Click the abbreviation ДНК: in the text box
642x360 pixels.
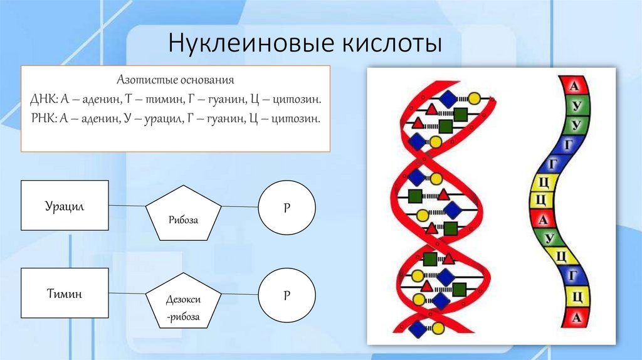coord(43,100)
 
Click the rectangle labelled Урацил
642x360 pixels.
coord(65,206)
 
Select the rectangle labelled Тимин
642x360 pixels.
coord(65,293)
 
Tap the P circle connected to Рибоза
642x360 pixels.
coord(287,206)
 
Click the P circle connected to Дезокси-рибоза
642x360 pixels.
coord(287,294)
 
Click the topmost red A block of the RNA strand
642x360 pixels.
coord(576,85)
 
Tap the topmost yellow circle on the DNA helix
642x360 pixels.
coord(475,98)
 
